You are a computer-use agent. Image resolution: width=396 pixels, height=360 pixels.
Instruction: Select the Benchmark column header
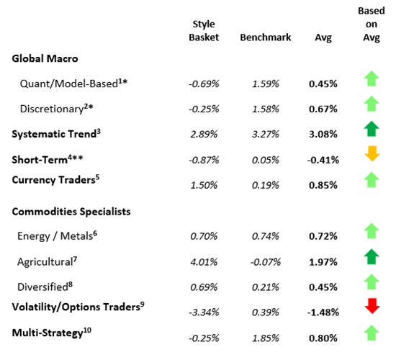pyautogui.click(x=265, y=37)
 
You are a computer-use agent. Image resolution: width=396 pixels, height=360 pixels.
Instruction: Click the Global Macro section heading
pyautogui.click(x=46, y=58)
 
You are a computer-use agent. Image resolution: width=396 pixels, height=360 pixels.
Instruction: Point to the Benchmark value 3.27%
pyautogui.click(x=265, y=134)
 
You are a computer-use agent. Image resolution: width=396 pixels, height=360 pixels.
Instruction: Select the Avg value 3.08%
pyautogui.click(x=323, y=134)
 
